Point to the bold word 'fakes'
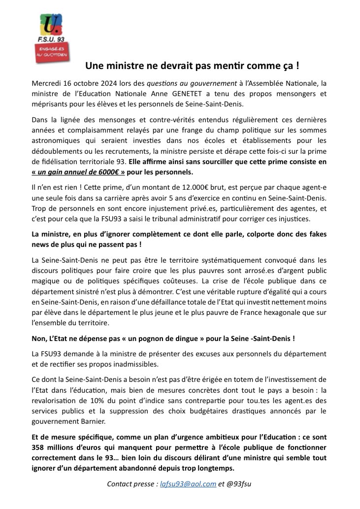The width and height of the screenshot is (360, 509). coord(315,234)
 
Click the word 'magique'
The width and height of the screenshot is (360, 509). coord(46,281)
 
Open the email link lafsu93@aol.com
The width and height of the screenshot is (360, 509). coord(188,483)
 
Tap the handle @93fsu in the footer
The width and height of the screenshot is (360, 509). coord(239,483)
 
